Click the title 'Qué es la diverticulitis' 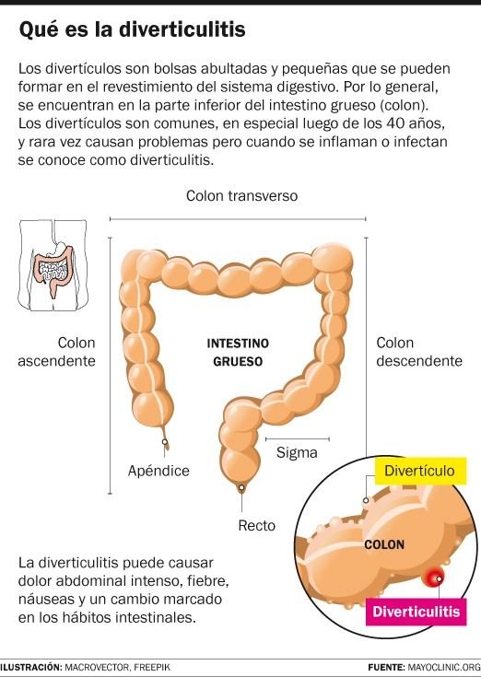tap(132, 30)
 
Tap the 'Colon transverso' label tap(241, 195)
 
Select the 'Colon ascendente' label tap(56, 352)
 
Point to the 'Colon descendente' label tap(419, 352)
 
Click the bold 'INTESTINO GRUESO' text tap(238, 352)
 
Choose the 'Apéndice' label tap(158, 470)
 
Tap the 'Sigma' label tap(297, 452)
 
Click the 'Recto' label tap(256, 525)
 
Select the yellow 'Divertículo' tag tap(420, 471)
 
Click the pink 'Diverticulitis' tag tap(416, 612)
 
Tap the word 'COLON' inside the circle tap(384, 545)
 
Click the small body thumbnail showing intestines tap(53, 264)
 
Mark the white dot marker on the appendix tap(165, 442)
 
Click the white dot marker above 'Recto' tap(241, 488)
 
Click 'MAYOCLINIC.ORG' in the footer tap(444, 667)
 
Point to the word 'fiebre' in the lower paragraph tap(207, 581)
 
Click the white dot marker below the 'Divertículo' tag tap(366, 500)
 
